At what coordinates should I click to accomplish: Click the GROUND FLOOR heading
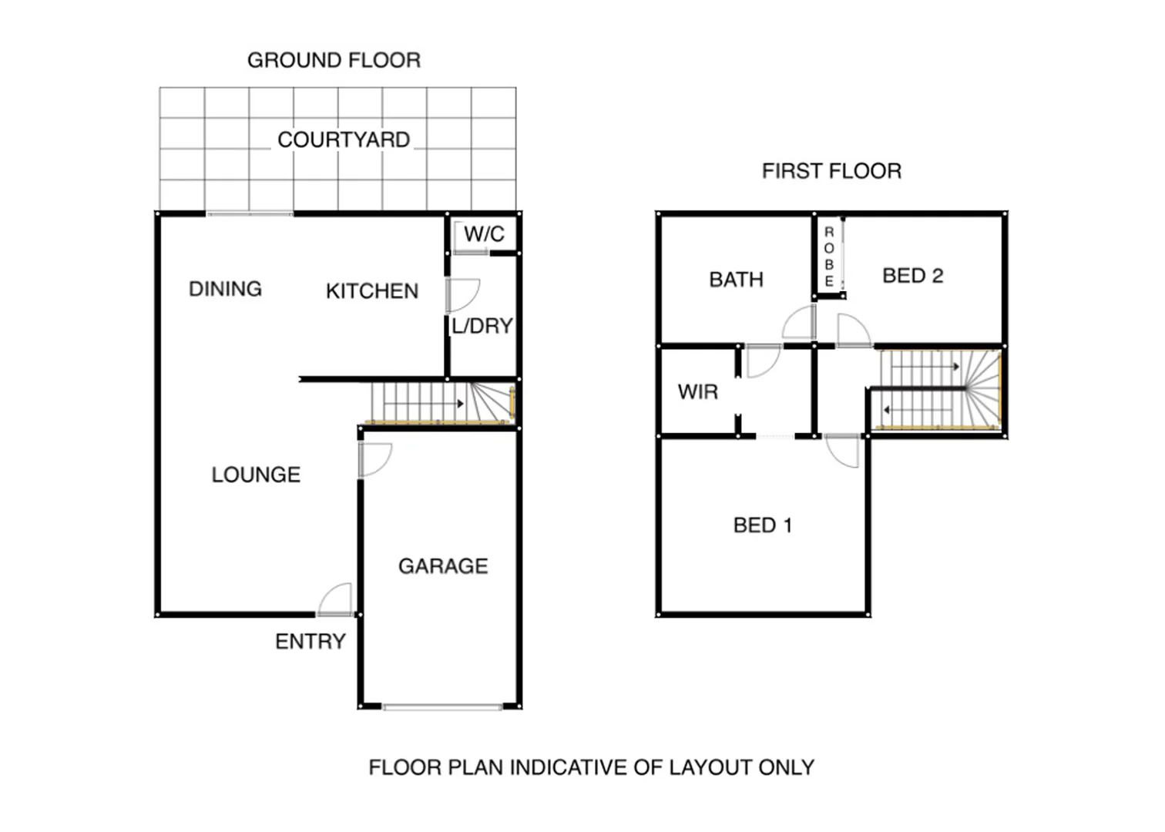click(334, 60)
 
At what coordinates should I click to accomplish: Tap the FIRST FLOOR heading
click(831, 171)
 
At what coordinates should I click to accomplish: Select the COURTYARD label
click(344, 140)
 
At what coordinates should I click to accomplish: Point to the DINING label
click(225, 289)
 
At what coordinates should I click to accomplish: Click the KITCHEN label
click(372, 291)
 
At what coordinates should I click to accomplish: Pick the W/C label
click(484, 234)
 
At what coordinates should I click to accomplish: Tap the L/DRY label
click(482, 326)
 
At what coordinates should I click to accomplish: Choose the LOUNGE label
click(256, 475)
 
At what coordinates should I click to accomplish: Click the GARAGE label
click(443, 566)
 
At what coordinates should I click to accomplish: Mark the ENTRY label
click(311, 642)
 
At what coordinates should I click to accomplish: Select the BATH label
click(736, 280)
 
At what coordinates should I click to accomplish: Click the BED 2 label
click(913, 276)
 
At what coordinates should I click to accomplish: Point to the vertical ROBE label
click(829, 257)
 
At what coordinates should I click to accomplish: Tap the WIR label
click(698, 392)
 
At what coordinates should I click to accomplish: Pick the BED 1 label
click(762, 525)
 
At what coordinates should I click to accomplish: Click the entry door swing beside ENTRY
click(336, 600)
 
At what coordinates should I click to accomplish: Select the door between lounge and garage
click(374, 459)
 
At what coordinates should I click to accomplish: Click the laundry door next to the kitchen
click(462, 295)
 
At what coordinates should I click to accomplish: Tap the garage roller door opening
click(443, 706)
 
